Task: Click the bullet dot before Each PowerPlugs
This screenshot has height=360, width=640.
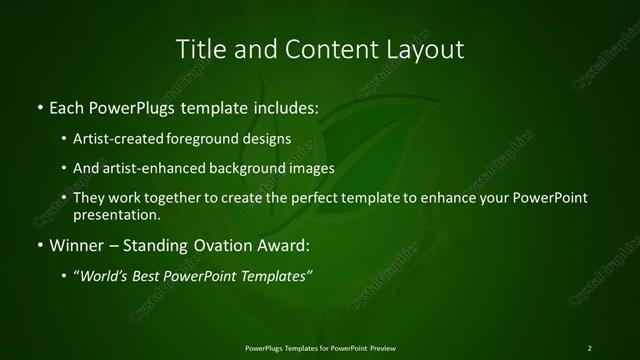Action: coord(39,105)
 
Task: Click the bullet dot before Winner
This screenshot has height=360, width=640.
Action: coord(39,244)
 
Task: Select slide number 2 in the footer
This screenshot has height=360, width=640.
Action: coord(589,347)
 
